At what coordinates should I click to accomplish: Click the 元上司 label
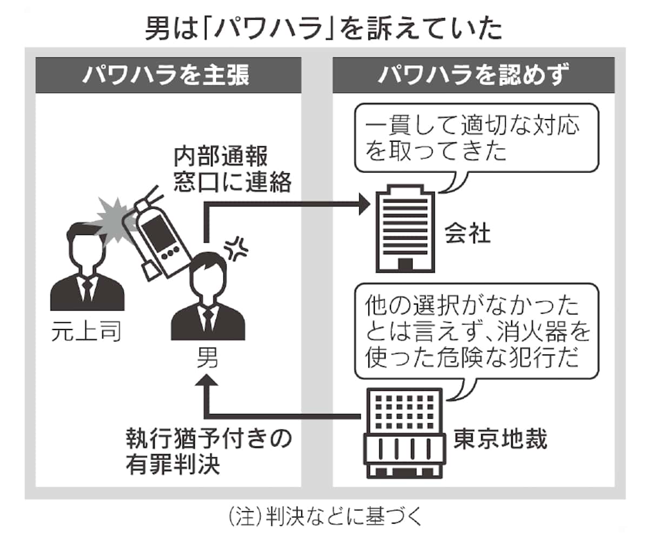tap(87, 331)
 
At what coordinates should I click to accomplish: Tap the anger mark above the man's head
tap(236, 248)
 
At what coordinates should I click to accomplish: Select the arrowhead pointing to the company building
tap(363, 204)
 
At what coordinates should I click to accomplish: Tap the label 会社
tap(466, 234)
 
